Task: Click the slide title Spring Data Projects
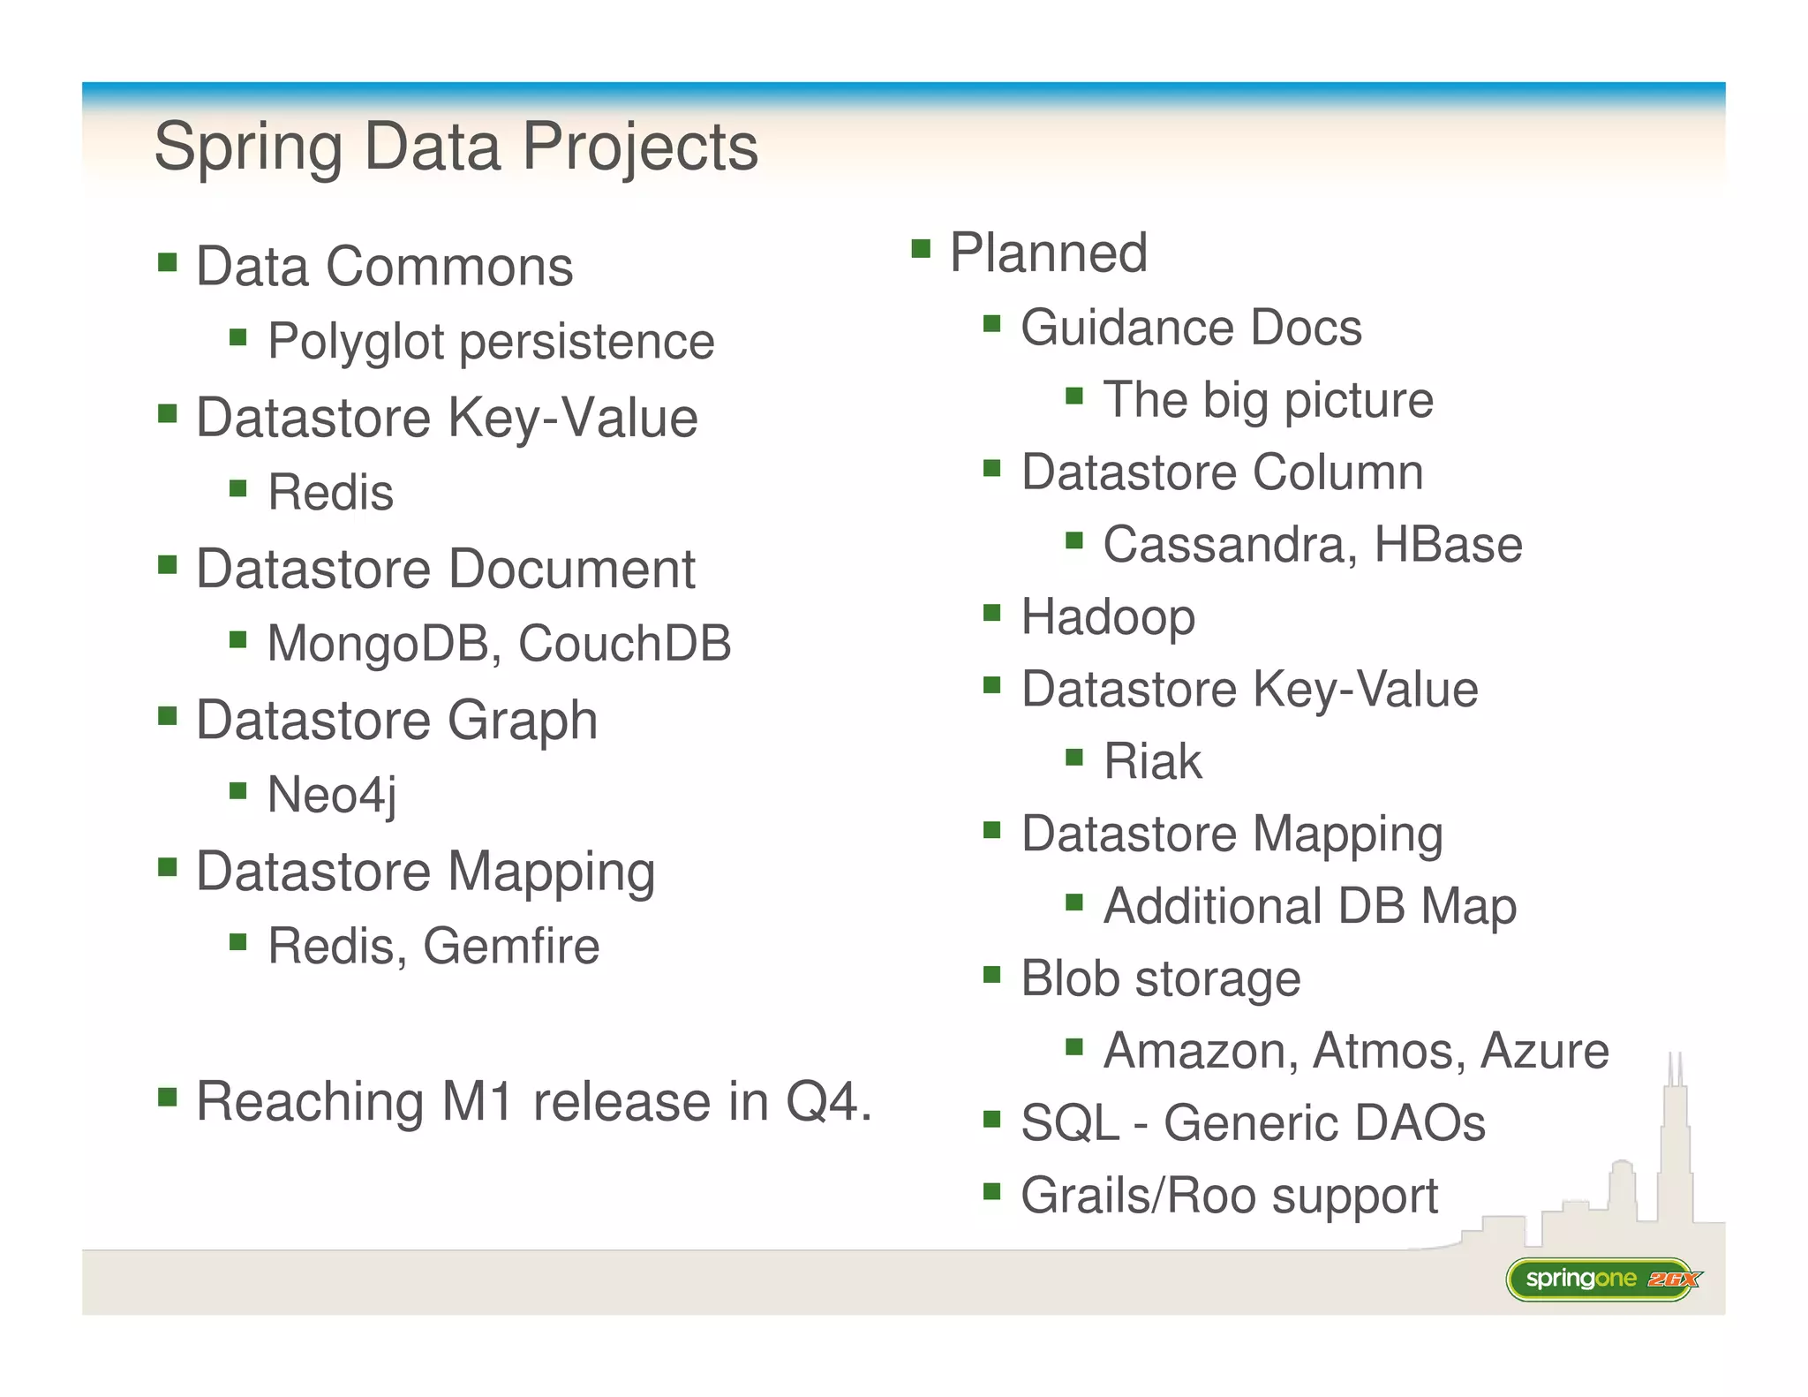click(x=456, y=147)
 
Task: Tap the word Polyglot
click(x=356, y=343)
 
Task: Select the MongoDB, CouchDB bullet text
click(x=499, y=643)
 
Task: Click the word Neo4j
click(x=331, y=795)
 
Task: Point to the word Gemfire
click(x=511, y=947)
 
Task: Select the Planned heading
click(x=1048, y=253)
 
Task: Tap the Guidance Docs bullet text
click(x=1191, y=328)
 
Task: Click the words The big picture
click(x=1268, y=400)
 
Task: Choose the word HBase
click(x=1448, y=545)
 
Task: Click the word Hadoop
click(x=1108, y=617)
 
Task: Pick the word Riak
click(x=1152, y=761)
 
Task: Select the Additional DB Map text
click(x=1309, y=906)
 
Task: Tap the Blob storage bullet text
click(x=1160, y=978)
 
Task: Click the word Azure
click(x=1544, y=1051)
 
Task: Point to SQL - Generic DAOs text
click(x=1253, y=1123)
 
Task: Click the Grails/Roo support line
click(x=1229, y=1196)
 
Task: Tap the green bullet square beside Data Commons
click(x=168, y=262)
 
